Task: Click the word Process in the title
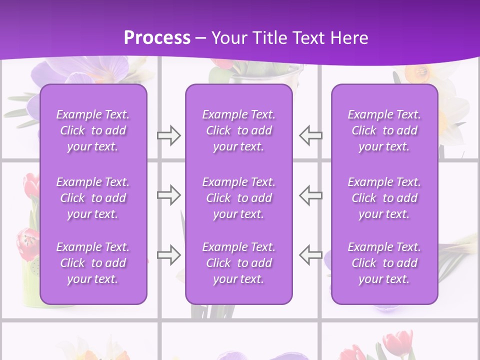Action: point(157,38)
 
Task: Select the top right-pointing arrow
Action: point(168,135)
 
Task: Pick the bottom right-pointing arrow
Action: point(168,254)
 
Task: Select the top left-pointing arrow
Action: point(311,135)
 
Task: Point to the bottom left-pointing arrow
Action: point(311,254)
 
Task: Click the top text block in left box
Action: point(93,130)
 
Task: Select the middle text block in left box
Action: point(93,198)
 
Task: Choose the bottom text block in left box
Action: point(93,263)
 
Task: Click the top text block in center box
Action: point(238,130)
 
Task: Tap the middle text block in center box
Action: point(238,198)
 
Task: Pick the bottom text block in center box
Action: point(238,263)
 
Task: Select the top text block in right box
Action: point(384,130)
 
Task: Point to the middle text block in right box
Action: point(384,198)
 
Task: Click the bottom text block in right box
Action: point(384,263)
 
